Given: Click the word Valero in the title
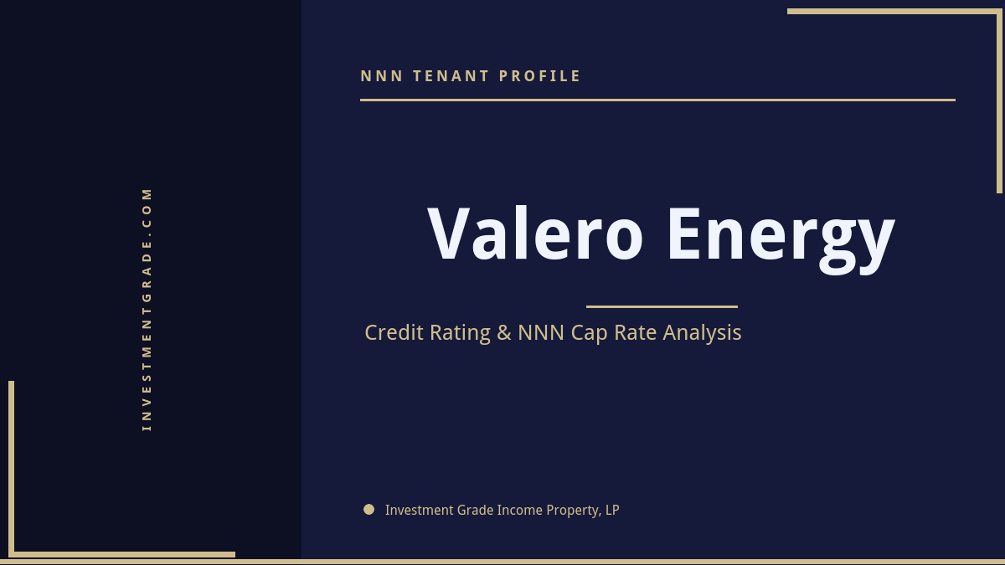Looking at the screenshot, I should pyautogui.click(x=535, y=234).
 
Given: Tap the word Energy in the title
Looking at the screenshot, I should pyautogui.click(x=781, y=236).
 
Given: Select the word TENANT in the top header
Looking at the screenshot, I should pyautogui.click(x=451, y=76).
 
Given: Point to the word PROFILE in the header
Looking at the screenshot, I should pyautogui.click(x=540, y=76).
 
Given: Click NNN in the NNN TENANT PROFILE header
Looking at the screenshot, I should pyautogui.click(x=381, y=76).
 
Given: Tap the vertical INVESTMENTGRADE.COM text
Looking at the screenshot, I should pyautogui.click(x=147, y=309).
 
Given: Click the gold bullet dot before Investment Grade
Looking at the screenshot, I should pyautogui.click(x=368, y=509).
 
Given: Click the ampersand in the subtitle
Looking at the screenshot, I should pyautogui.click(x=503, y=332).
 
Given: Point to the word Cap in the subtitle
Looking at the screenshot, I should pyautogui.click(x=590, y=333).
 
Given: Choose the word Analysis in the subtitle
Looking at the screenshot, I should pyautogui.click(x=702, y=333).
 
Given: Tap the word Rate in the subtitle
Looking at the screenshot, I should pyautogui.click(x=636, y=332).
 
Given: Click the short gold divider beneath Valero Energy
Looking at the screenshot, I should pyautogui.click(x=662, y=306).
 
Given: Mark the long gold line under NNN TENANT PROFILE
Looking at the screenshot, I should pyautogui.click(x=657, y=100).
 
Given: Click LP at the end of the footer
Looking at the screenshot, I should pyautogui.click(x=611, y=510).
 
